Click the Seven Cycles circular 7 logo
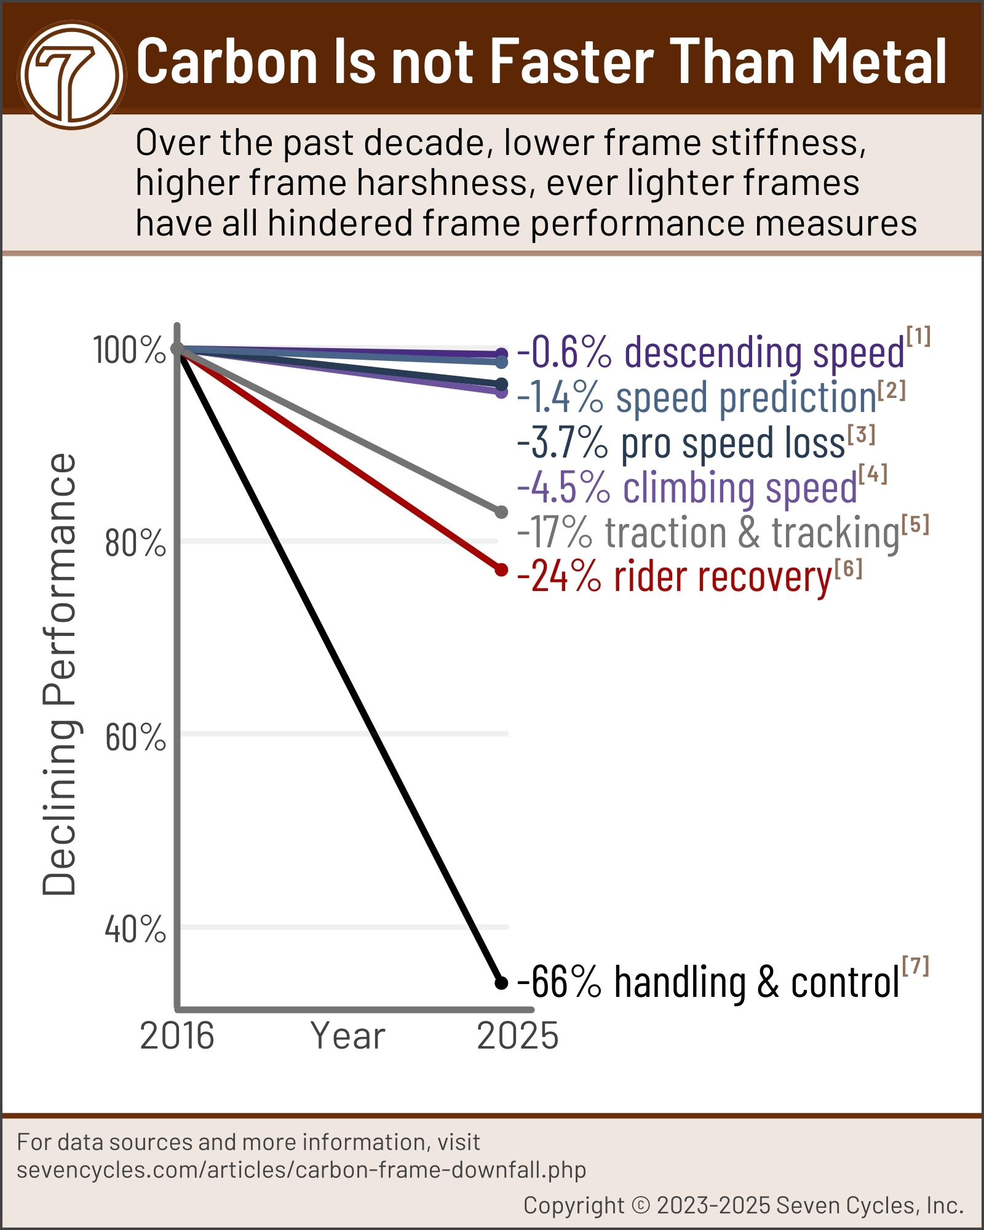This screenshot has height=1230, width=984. [x=72, y=75]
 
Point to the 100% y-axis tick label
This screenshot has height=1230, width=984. [x=129, y=351]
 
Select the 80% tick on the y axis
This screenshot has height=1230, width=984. [x=135, y=543]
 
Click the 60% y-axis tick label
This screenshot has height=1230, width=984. [x=135, y=737]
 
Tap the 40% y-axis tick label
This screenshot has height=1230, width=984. [x=135, y=929]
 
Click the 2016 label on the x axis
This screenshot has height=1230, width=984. [x=177, y=1036]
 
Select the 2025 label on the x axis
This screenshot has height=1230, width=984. [x=517, y=1036]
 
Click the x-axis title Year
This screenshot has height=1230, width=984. [x=347, y=1036]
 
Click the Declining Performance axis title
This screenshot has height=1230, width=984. [x=60, y=673]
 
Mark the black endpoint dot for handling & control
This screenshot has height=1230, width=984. [x=501, y=983]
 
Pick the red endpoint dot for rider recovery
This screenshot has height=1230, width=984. [x=501, y=570]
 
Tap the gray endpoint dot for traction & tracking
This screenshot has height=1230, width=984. [x=501, y=512]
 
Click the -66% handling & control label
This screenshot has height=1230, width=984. [x=707, y=982]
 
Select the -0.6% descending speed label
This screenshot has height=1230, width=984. [x=710, y=353]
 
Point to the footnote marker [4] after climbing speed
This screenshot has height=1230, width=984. [x=873, y=474]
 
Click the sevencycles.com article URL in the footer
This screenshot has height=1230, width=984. [x=301, y=1169]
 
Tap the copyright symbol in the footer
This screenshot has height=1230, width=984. [x=641, y=1205]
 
